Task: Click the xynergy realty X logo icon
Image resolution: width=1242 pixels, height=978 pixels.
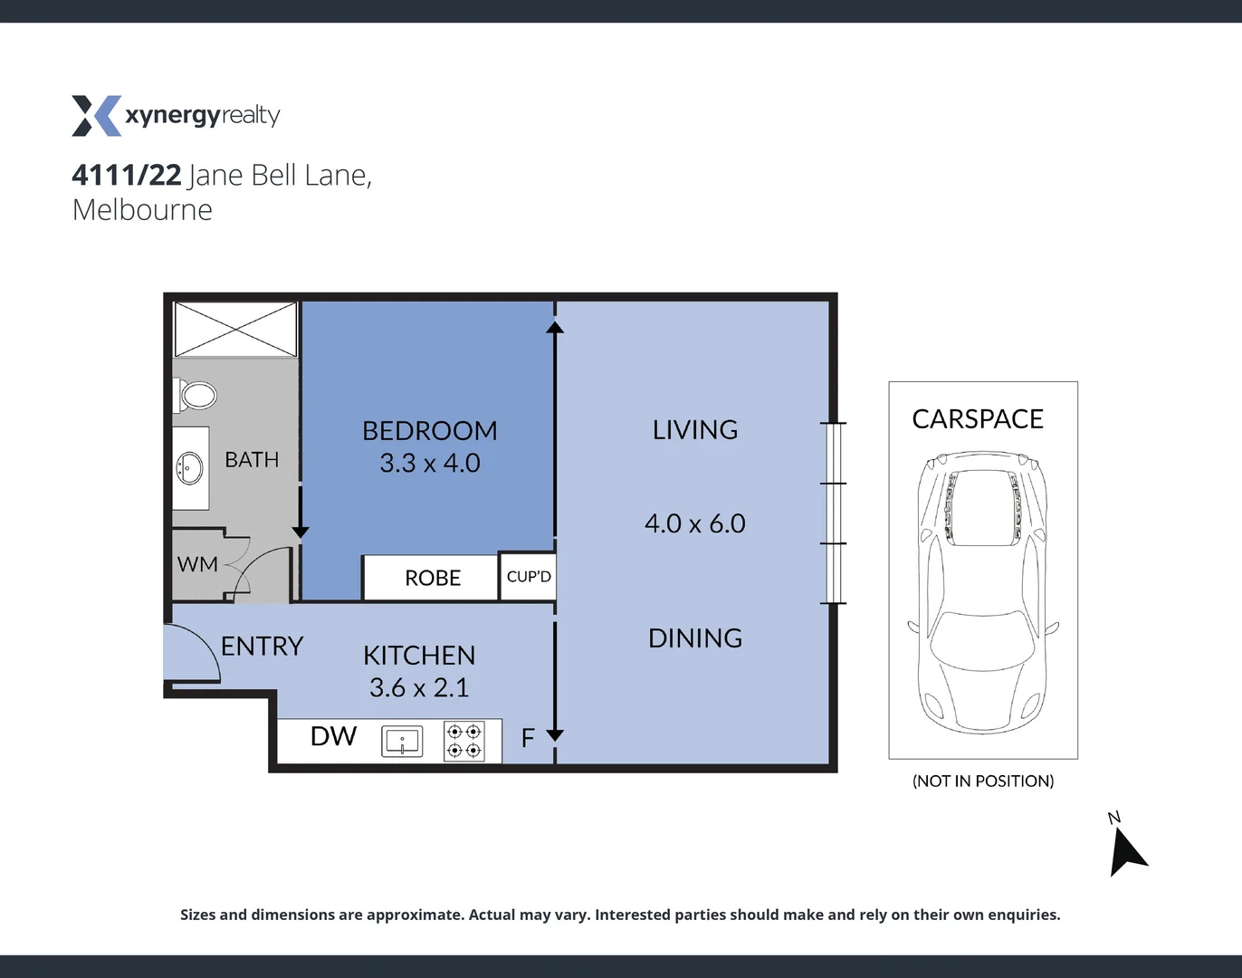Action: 96,116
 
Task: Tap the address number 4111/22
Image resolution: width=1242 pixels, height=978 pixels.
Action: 127,175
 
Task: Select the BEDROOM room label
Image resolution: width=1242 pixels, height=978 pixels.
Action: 429,430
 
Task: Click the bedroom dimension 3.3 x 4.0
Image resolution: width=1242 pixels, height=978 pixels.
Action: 429,463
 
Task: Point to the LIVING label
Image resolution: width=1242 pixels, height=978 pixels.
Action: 694,429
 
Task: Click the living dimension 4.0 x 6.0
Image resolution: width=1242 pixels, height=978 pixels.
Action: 694,523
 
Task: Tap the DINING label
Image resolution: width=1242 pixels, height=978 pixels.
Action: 694,638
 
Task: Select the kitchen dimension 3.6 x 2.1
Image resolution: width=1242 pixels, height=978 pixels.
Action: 418,687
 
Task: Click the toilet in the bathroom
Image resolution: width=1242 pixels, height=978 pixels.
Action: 196,395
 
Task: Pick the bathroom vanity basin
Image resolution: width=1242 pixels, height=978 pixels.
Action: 189,468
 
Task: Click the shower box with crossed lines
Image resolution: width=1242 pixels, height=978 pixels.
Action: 235,330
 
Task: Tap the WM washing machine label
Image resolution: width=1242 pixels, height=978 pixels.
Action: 197,564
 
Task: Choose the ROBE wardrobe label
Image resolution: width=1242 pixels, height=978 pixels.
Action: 432,578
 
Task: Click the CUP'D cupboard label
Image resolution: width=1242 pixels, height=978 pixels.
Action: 529,577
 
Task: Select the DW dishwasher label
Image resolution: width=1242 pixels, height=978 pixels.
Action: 333,736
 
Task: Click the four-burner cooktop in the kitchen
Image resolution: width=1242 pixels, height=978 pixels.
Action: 463,741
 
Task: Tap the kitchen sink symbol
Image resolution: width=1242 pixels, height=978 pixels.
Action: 402,741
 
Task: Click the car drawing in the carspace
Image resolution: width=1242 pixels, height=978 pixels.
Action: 982,593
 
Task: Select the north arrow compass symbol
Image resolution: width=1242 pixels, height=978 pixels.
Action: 1126,851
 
